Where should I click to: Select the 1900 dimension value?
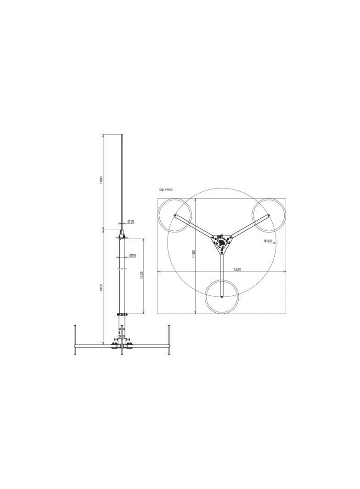(x=101, y=288)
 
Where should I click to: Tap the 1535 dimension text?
(x=142, y=275)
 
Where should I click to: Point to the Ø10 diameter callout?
(x=131, y=222)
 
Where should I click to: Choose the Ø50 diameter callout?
(x=133, y=255)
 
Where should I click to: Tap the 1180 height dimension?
(x=194, y=254)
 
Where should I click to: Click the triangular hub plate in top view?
(x=222, y=242)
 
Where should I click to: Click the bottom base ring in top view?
(x=222, y=297)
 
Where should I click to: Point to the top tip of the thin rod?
(x=122, y=135)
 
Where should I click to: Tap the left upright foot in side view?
(x=75, y=339)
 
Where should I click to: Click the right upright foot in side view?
(x=169, y=339)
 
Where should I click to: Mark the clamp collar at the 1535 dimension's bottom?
(x=122, y=314)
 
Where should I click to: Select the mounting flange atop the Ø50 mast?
(x=122, y=238)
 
